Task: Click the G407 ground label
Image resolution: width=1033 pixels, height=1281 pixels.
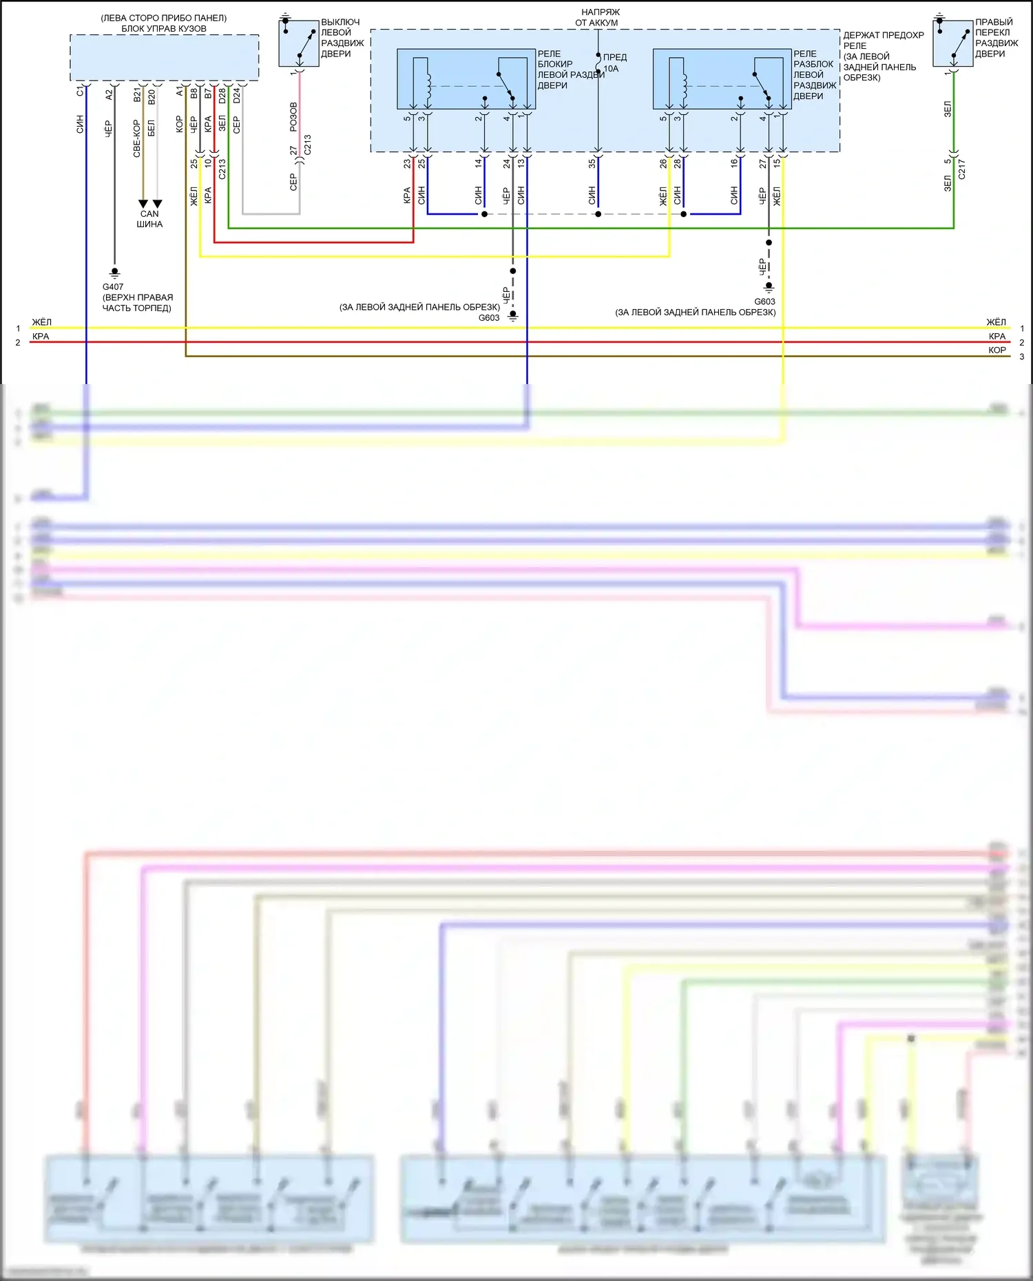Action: [x=113, y=287]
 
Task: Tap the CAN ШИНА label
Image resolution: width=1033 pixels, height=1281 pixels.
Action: [x=149, y=219]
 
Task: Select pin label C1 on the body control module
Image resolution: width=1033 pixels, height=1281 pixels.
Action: [x=80, y=91]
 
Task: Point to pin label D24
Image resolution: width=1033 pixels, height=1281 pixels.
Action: [x=237, y=96]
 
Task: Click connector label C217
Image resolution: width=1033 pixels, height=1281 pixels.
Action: [x=962, y=169]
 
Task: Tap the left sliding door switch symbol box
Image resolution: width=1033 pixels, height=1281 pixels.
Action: [x=299, y=43]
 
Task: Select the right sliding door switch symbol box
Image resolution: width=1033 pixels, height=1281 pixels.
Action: [x=953, y=43]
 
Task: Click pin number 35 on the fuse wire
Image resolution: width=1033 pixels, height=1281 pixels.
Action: [x=592, y=163]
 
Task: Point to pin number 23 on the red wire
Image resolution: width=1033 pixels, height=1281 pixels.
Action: [x=407, y=163]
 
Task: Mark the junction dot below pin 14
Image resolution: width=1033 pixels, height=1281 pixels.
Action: [x=484, y=214]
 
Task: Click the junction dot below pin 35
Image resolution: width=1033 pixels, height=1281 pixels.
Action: [x=598, y=214]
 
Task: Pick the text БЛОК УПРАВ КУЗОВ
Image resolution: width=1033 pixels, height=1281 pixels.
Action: [x=164, y=29]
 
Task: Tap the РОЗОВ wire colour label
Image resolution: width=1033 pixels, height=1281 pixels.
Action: [x=293, y=117]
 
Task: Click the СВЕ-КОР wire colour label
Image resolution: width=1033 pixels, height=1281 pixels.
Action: [x=137, y=138]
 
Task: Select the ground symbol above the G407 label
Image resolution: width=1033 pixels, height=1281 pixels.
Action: [x=115, y=273]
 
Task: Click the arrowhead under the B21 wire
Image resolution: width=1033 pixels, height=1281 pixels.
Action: [x=143, y=204]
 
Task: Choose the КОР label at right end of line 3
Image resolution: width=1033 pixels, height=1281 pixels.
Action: [x=997, y=350]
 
